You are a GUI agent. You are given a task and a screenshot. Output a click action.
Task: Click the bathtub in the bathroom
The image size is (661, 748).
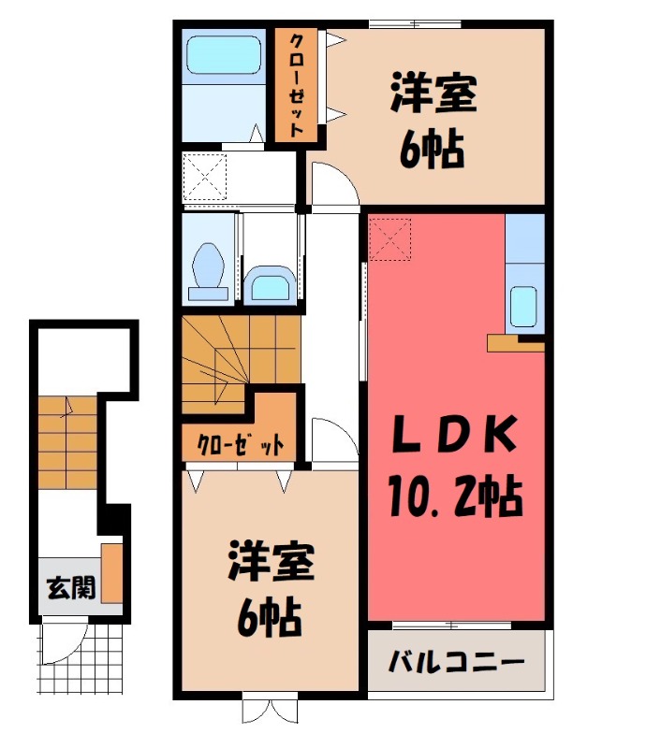click(x=224, y=55)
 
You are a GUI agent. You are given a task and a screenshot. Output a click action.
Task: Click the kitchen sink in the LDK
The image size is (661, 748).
click(x=523, y=306)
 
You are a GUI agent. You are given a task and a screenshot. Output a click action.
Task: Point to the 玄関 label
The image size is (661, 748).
click(x=71, y=587)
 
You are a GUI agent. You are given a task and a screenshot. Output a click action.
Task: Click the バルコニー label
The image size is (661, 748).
click(x=456, y=662)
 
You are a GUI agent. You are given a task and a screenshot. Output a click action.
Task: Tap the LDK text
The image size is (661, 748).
click(x=454, y=434)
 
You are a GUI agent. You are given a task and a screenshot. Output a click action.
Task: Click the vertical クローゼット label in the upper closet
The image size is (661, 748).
click(x=296, y=85)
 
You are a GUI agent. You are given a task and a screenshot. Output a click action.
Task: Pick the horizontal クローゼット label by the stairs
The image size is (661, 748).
click(x=241, y=446)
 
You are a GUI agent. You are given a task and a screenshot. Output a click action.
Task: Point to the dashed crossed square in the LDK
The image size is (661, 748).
click(x=389, y=239)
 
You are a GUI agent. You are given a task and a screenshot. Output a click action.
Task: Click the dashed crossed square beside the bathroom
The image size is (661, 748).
click(x=204, y=177)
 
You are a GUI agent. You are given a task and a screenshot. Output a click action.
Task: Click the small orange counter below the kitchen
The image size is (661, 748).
click(x=515, y=343)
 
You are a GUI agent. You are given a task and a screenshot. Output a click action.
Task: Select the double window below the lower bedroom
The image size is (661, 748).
click(x=270, y=711)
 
